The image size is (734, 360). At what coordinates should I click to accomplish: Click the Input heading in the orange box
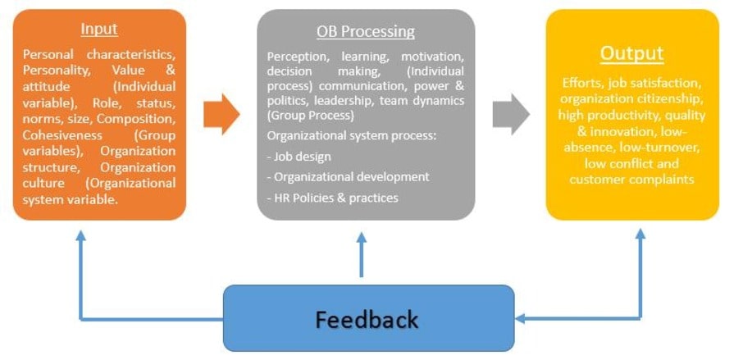coord(98,29)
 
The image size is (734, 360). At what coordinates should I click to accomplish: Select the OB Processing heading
coord(365,32)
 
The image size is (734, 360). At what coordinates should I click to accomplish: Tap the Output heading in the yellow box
coord(631,54)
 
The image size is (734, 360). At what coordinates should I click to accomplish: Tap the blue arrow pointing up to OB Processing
coord(362,254)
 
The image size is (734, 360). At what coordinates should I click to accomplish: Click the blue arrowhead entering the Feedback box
coord(523,319)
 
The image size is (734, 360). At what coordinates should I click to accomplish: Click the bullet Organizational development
coord(348,176)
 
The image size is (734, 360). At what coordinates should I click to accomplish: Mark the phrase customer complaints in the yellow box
coord(631,178)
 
